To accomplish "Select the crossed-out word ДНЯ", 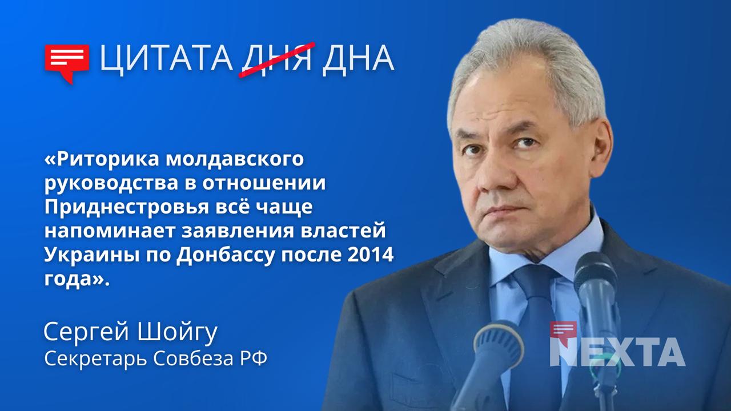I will pos(276,59).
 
